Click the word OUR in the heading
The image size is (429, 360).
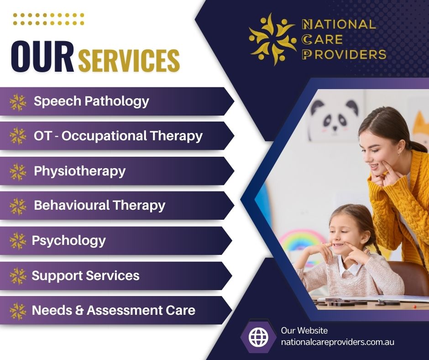point(42,57)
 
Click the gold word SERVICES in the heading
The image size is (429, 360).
point(129,60)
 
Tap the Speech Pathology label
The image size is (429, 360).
point(91,101)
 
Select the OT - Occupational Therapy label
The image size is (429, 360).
point(118,136)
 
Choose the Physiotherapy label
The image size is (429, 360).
point(79,171)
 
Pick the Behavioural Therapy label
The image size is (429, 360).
point(99,206)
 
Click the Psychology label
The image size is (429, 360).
point(68,241)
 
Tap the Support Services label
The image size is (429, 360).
point(86,275)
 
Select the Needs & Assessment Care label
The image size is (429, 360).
point(114,310)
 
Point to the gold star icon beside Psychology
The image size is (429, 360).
point(18,241)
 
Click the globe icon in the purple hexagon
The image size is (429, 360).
point(259,337)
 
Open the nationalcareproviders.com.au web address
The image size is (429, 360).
point(338,342)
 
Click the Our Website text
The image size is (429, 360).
point(304,330)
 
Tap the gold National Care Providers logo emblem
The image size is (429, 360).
point(272,39)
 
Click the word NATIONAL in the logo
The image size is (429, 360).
point(339,24)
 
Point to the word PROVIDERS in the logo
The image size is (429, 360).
point(344,54)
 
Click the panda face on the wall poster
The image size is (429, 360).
point(335,116)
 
